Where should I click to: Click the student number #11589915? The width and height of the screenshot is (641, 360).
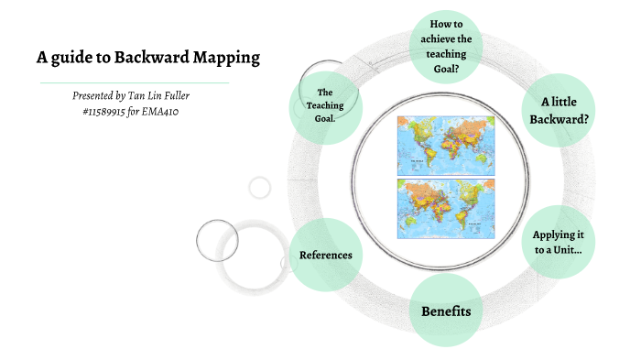(x=115, y=111)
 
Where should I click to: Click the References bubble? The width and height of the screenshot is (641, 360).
(x=325, y=254)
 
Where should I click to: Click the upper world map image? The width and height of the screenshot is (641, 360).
(x=444, y=144)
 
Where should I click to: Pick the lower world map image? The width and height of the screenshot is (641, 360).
(x=444, y=208)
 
